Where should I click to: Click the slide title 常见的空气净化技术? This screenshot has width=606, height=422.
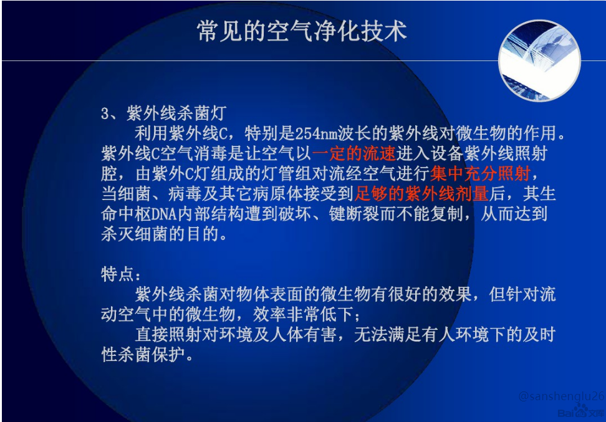302,30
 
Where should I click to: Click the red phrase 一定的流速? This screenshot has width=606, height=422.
354,153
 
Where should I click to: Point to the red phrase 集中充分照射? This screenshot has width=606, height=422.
481,173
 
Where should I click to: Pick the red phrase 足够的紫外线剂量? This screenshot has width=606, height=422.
421,193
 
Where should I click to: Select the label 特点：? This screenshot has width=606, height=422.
122,274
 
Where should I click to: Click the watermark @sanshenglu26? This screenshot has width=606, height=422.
560,396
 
